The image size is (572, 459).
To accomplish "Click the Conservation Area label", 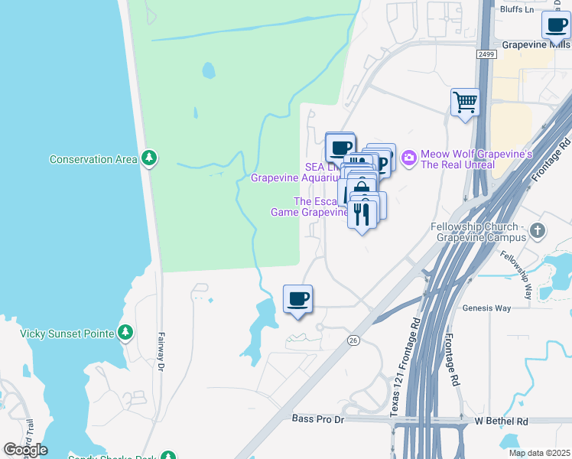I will coord(93,159).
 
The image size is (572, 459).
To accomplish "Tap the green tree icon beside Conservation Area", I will coord(150,158).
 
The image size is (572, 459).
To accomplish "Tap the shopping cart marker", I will coord(465,102).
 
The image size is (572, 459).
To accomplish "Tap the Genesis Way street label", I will coord(486,308).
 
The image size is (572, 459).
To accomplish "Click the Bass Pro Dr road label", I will coord(319,418).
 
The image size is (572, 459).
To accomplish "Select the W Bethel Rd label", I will coord(501,421).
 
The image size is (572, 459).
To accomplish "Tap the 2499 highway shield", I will coord(485,54).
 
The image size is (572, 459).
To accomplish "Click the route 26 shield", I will coord(353,340).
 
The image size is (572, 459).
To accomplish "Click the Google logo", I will coord(25,450).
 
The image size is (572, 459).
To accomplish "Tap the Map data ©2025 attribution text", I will coord(539,453).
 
